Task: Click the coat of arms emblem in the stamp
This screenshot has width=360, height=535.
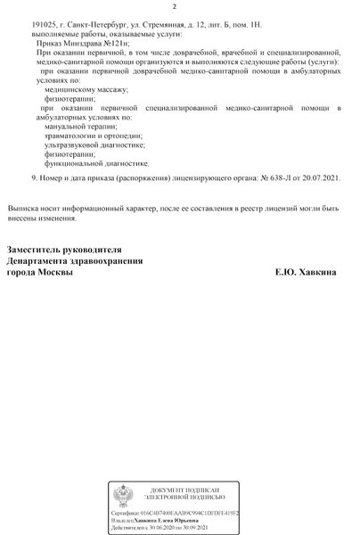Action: point(126,496)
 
